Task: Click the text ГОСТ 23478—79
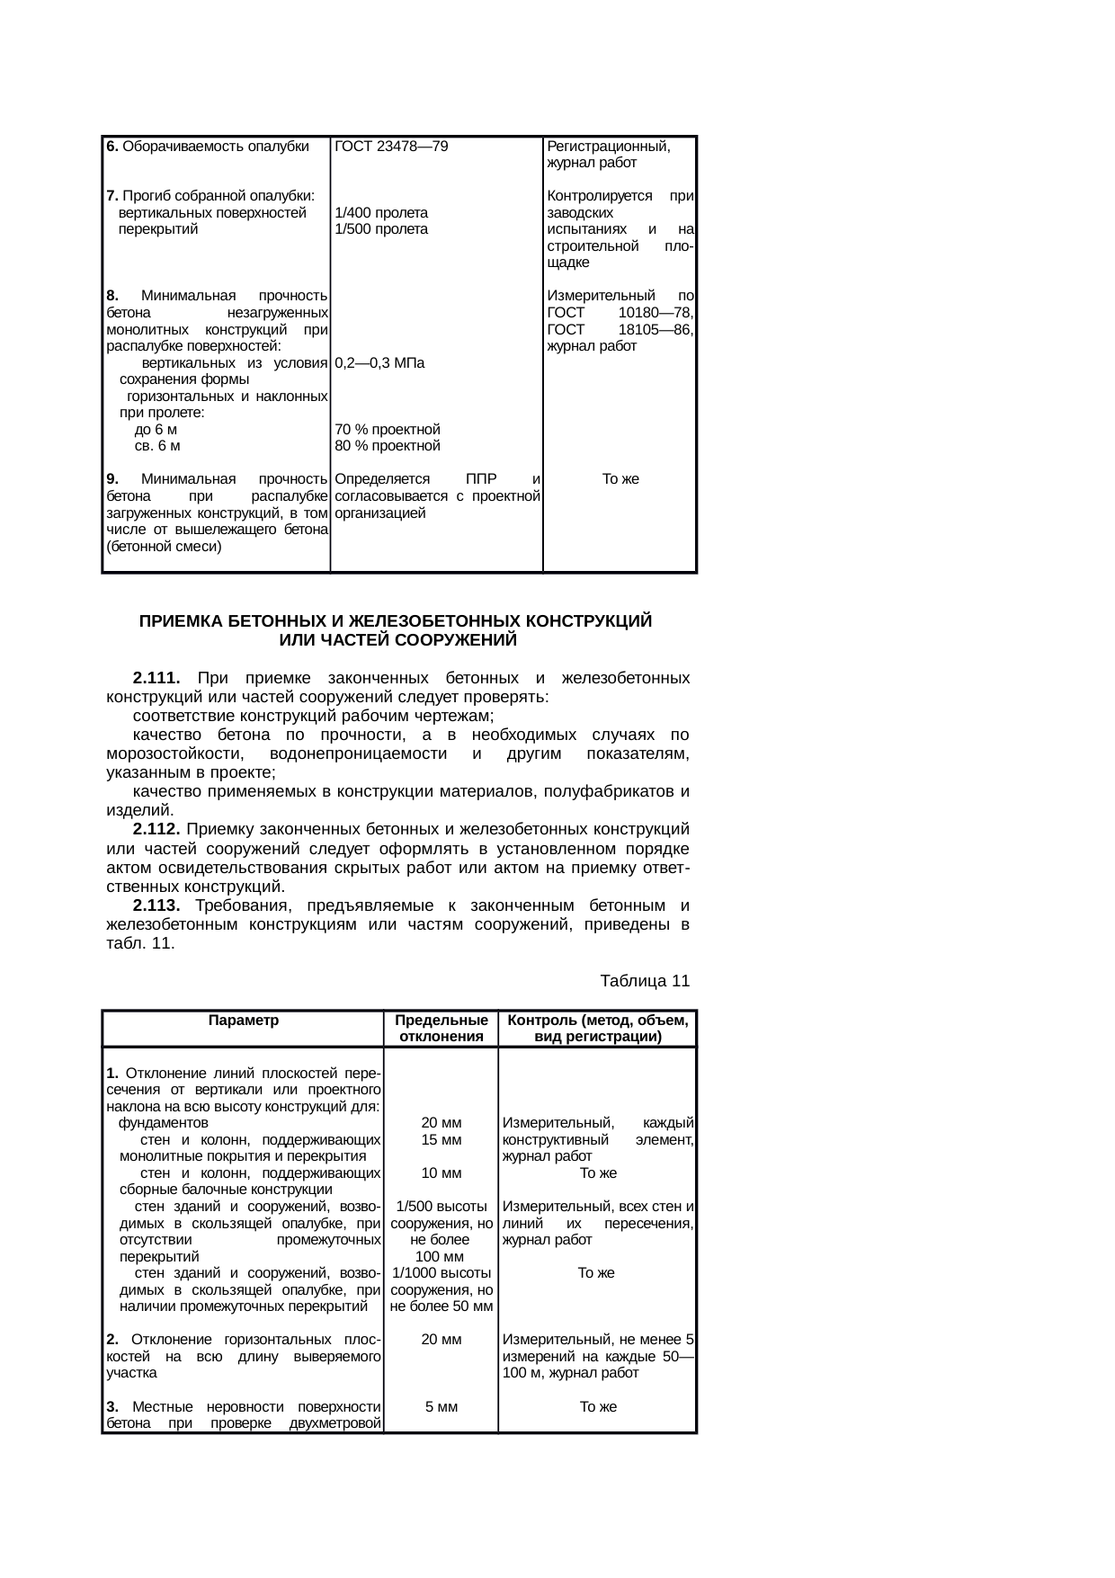click(391, 147)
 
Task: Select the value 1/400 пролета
click(380, 213)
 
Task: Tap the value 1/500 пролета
click(380, 229)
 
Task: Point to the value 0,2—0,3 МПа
click(379, 363)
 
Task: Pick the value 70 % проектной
click(387, 430)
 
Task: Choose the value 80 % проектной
click(387, 446)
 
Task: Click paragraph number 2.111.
click(156, 677)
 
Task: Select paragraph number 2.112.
click(156, 828)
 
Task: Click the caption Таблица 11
click(644, 980)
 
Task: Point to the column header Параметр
click(243, 1021)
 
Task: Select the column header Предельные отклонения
click(441, 1029)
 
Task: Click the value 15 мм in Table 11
click(441, 1139)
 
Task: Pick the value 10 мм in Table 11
click(441, 1172)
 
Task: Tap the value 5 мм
click(441, 1406)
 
